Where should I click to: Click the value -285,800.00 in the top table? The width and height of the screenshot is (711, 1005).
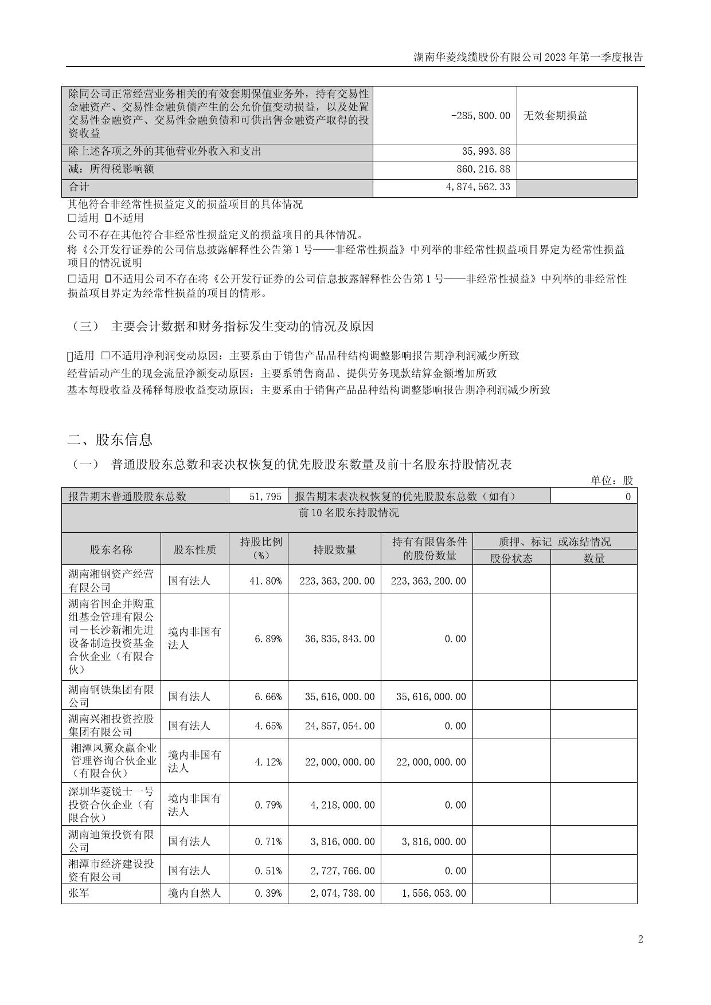[480, 115]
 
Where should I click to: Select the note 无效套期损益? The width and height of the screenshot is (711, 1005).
[555, 115]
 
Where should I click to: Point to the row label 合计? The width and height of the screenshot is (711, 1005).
[79, 187]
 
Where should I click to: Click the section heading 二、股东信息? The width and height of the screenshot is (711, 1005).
[110, 439]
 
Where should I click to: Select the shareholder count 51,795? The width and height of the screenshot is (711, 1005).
[265, 496]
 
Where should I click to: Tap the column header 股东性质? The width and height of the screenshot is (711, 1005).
[195, 549]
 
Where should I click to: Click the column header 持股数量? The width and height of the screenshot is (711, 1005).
[334, 549]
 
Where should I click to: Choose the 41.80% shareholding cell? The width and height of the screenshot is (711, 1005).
[265, 580]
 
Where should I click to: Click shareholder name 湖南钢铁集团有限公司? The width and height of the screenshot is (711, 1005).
[111, 696]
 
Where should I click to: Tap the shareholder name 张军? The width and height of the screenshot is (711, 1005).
[79, 893]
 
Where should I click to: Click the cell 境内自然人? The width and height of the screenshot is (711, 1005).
[194, 893]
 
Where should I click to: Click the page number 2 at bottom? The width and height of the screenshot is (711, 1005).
[640, 939]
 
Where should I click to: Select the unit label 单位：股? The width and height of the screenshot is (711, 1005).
[612, 480]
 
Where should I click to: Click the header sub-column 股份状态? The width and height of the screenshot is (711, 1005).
[511, 558]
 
